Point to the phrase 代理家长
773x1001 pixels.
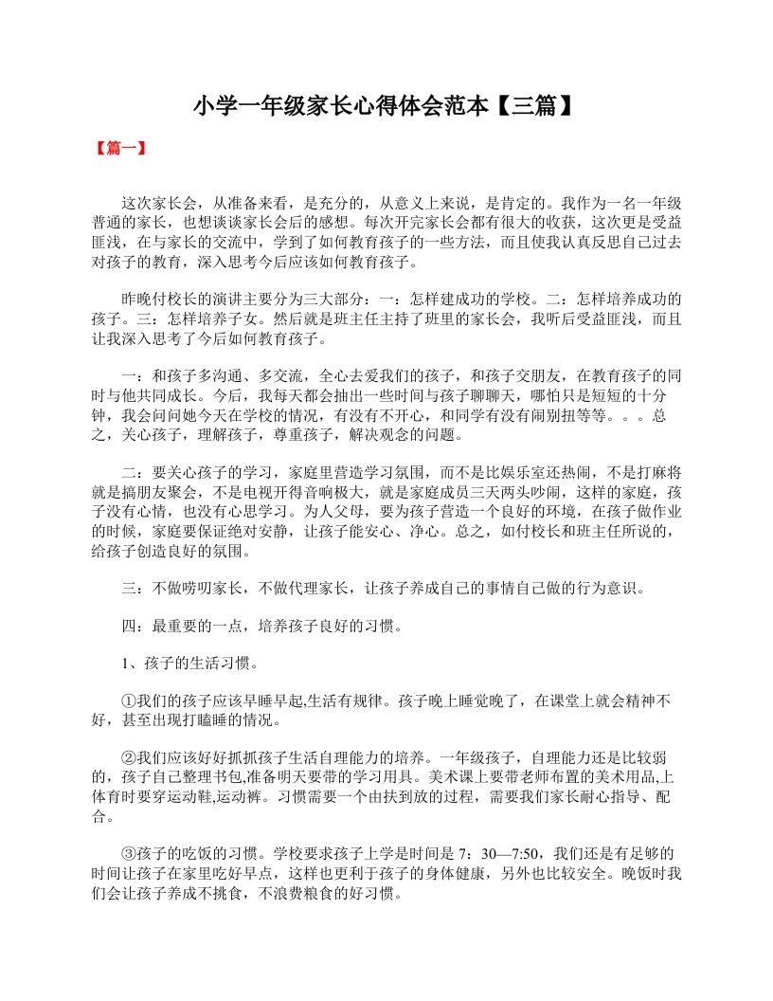pyautogui.click(x=312, y=588)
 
